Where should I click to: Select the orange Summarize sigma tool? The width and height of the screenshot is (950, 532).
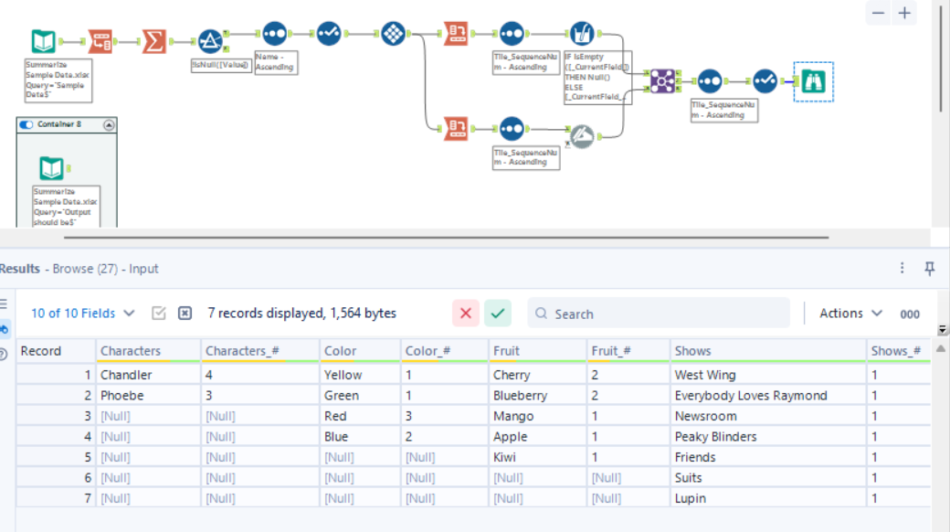[x=154, y=41]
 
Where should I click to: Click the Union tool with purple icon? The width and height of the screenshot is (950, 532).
[x=662, y=81]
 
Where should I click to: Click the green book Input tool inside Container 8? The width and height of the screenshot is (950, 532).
[x=51, y=168]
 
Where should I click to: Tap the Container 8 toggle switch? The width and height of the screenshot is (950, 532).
[x=26, y=124]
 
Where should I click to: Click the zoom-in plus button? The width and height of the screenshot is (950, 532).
[x=904, y=13]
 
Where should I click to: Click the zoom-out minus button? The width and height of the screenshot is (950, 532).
[x=878, y=13]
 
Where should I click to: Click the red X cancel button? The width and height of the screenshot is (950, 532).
[x=466, y=314]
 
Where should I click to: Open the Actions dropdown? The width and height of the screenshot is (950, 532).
[x=850, y=314]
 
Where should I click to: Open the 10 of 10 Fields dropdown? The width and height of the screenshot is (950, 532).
[x=82, y=314]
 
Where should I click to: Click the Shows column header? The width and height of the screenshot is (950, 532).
[x=692, y=351]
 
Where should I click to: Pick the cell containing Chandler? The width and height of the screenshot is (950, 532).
[x=126, y=375]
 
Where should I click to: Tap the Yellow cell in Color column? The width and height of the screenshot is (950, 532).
[x=343, y=375]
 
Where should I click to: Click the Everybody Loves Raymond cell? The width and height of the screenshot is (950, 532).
[x=750, y=396]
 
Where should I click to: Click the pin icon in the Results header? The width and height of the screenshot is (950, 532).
[x=930, y=268]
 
